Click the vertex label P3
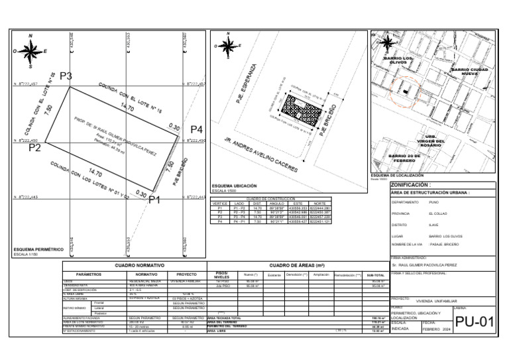pyautogui.click(x=66, y=76)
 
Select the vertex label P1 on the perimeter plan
pyautogui.click(x=154, y=200)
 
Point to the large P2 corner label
pyautogui.click(x=35, y=148)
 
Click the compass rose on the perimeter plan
pyautogui.click(x=30, y=50)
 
